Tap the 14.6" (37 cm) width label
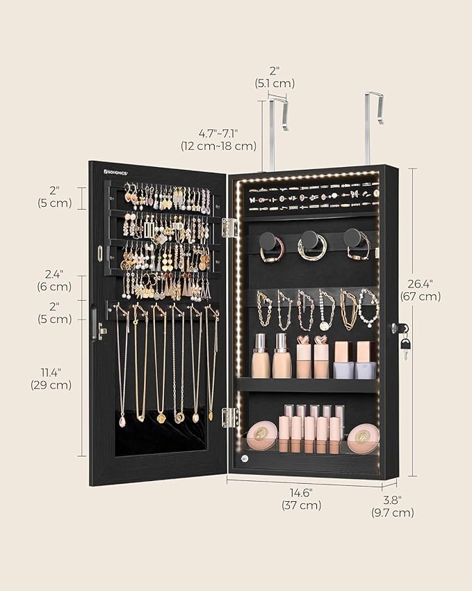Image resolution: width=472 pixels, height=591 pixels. tap(301, 498)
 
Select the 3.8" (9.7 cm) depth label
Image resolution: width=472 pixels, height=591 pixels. tap(393, 505)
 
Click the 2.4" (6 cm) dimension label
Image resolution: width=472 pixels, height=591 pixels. tap(55, 280)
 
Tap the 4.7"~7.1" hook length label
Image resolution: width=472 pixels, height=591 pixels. tap(218, 139)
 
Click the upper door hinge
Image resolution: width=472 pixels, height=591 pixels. tap(229, 227)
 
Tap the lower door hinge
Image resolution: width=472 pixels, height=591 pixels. tap(229, 417)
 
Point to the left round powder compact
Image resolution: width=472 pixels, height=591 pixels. tap(261, 435)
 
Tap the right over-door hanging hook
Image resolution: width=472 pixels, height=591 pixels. tap(373, 125)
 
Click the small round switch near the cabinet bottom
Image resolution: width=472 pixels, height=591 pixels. tap(244, 458)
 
